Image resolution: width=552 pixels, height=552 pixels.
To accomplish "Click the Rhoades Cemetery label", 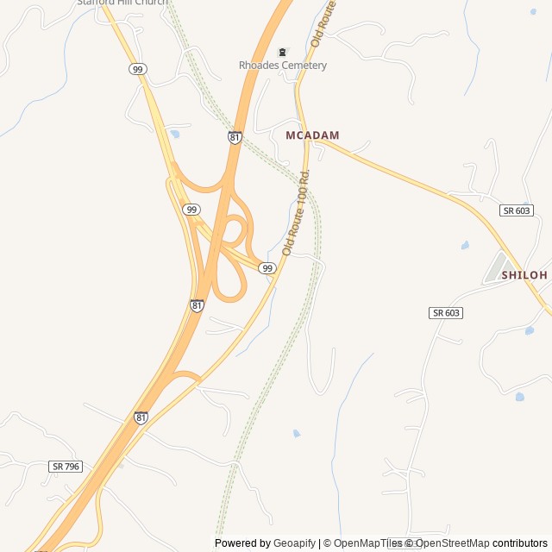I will pos(282,66).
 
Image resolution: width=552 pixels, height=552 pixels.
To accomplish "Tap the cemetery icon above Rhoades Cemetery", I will pos(282,52).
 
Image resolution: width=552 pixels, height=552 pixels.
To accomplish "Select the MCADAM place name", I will pos(312,135).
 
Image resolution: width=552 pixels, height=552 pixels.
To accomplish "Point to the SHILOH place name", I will pos(524,275).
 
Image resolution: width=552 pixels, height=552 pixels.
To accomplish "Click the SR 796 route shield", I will pos(66,466).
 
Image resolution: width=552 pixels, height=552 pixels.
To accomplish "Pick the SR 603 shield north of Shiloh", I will pos(516,210).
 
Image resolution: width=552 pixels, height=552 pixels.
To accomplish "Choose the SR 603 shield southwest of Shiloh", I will pos(445,312).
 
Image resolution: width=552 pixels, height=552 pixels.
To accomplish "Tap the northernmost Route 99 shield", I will pos(138,69).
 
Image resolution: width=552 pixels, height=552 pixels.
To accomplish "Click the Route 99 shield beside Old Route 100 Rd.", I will pos(267,268).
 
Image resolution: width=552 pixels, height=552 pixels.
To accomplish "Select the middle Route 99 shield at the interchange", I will pos(191,210).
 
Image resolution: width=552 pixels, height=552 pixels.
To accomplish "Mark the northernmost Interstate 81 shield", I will pos(235,137).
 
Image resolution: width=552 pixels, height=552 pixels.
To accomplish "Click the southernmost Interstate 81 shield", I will pos(141,417).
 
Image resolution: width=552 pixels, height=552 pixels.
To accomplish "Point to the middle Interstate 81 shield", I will pos(197,305).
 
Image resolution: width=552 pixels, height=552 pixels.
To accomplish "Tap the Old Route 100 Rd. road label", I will pos(296,211).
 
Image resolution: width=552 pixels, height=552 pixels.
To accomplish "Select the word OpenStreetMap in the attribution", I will pos(452,543).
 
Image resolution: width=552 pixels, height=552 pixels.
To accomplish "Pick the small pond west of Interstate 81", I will pos(175,135).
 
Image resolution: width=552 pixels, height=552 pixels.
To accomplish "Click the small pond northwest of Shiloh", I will pos(465,246).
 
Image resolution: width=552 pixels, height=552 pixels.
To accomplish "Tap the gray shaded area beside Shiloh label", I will pos(496,267).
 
